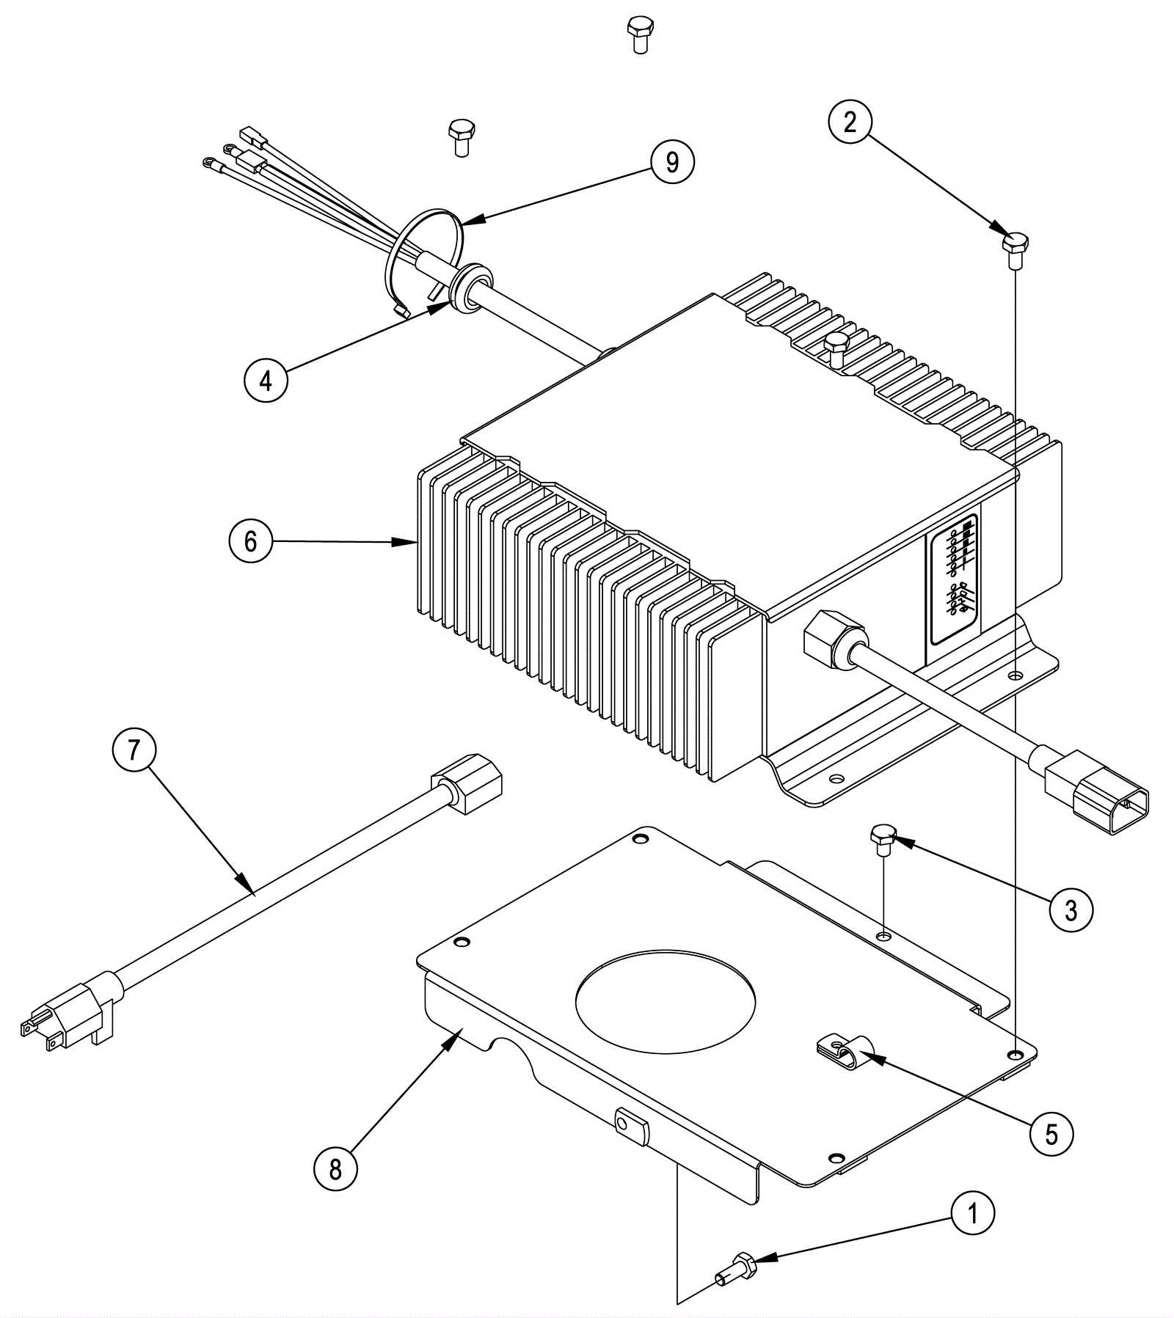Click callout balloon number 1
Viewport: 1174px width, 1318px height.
[x=973, y=1215]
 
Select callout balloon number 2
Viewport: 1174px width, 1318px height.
[x=850, y=122]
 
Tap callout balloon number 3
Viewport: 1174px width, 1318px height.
[x=1071, y=910]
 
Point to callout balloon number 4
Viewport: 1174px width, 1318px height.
[x=266, y=380]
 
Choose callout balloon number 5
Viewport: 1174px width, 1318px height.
[x=1051, y=1135]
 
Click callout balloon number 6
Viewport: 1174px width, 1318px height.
[x=251, y=541]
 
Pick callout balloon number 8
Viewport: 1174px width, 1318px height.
[x=335, y=1169]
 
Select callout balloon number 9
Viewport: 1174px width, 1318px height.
[x=672, y=161]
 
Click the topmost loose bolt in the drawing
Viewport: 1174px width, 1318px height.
[x=639, y=35]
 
